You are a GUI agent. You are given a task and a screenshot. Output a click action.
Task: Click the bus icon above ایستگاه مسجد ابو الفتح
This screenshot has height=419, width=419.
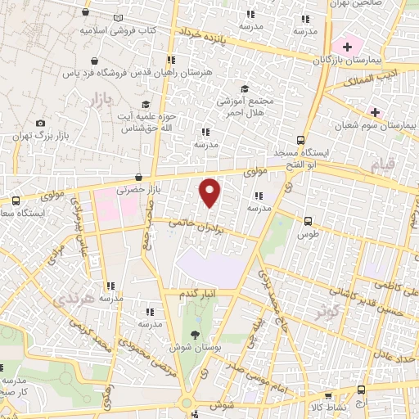[301, 139]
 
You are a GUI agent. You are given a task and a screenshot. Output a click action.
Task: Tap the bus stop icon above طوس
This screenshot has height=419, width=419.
[308, 221]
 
